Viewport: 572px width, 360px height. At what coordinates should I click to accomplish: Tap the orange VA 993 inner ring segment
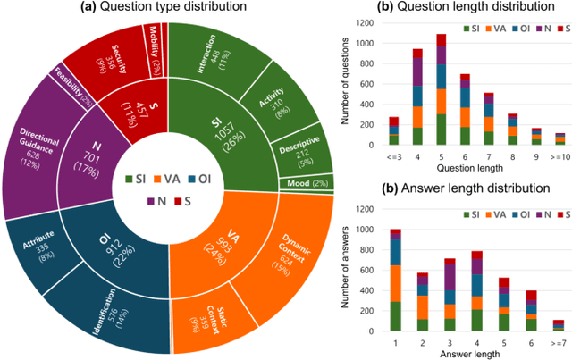[223, 238]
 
